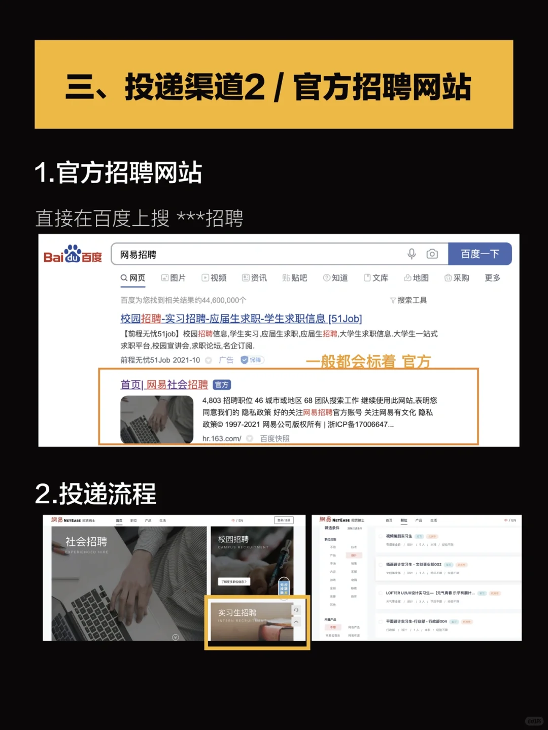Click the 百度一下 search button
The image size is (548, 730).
point(479,254)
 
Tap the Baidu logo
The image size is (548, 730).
point(73,255)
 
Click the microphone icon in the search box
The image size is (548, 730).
point(412,254)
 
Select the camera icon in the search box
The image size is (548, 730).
point(432,254)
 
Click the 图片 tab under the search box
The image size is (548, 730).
point(173,278)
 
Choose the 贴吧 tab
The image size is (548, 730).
point(294,278)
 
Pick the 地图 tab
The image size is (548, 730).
point(416,278)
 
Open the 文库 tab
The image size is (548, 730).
point(376,278)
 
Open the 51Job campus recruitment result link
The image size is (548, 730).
point(241,319)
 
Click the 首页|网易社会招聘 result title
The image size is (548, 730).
point(164,385)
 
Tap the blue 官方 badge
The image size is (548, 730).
point(222,385)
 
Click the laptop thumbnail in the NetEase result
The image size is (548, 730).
point(157,419)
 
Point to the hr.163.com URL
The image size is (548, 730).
point(222,439)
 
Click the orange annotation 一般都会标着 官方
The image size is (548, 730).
point(368,361)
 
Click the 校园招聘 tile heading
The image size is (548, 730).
point(233,539)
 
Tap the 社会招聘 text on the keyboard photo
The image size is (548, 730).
point(86,542)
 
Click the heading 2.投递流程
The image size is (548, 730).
point(95,494)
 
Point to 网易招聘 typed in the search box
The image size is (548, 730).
point(138,255)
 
